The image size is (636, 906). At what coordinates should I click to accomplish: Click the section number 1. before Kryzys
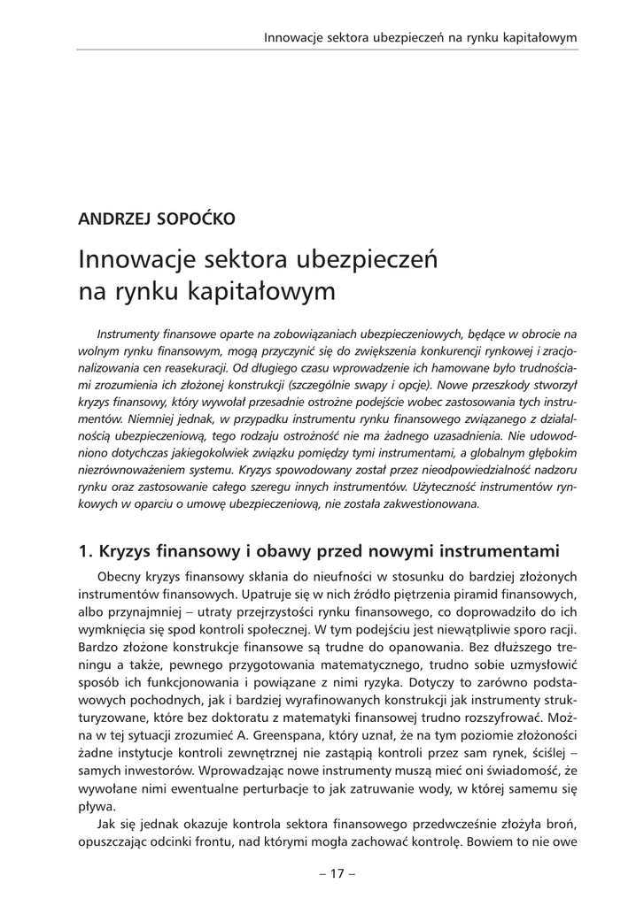coord(86,551)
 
